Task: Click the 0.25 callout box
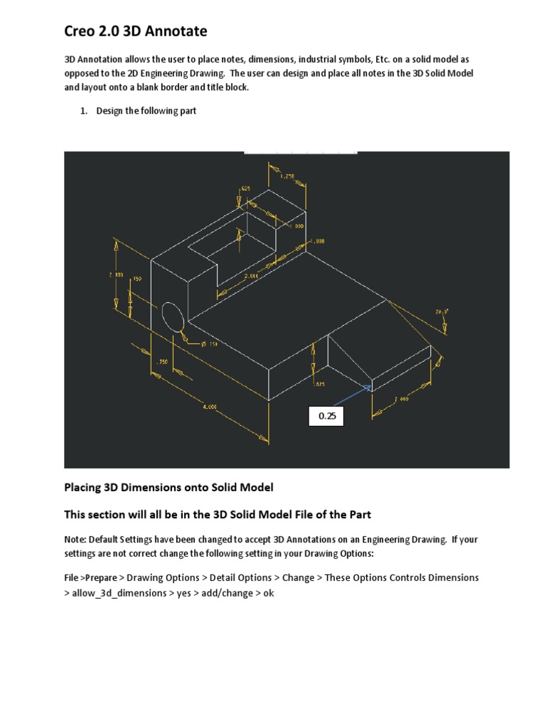click(326, 417)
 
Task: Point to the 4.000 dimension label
click(210, 407)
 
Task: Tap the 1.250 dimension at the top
click(287, 176)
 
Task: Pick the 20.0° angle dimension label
click(441, 311)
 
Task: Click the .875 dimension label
click(320, 384)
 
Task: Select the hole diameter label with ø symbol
click(210, 344)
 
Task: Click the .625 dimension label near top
click(244, 188)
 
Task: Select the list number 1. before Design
click(84, 111)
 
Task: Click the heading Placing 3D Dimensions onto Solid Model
click(168, 488)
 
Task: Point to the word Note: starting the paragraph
click(75, 540)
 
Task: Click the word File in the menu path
click(72, 578)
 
